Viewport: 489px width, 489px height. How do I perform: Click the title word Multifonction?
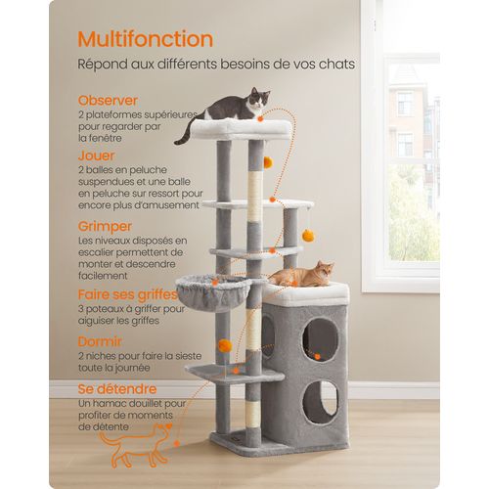146,39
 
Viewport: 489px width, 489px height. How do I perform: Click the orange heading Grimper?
107,225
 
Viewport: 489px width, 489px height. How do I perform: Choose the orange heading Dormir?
102,341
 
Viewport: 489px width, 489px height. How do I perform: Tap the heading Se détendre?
119,389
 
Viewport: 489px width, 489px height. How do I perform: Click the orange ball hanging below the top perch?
266,161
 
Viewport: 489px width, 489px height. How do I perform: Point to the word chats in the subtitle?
336,65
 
